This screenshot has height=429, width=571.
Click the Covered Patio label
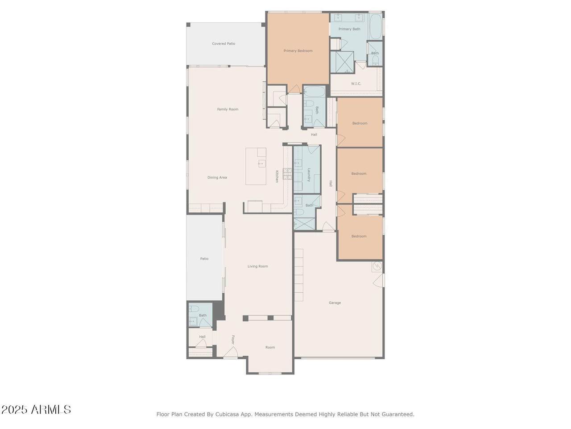(x=223, y=44)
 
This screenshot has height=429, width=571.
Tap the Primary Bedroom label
(x=298, y=51)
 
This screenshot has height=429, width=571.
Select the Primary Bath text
(x=349, y=29)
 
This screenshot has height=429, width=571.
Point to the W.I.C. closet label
(x=356, y=84)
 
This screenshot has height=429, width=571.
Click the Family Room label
(x=228, y=109)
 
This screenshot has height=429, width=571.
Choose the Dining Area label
(x=217, y=178)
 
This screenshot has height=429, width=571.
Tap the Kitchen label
(x=277, y=176)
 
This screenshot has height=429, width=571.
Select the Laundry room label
(x=308, y=175)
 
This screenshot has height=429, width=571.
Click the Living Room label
(x=258, y=266)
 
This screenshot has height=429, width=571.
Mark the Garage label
(x=335, y=303)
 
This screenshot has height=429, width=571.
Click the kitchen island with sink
(x=256, y=166)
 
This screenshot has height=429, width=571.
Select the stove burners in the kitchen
(x=287, y=173)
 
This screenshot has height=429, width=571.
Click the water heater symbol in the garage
(x=377, y=267)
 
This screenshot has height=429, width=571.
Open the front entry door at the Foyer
(x=231, y=353)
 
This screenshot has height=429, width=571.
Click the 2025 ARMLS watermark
(x=36, y=409)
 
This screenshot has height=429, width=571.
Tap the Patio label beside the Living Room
(x=204, y=259)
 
